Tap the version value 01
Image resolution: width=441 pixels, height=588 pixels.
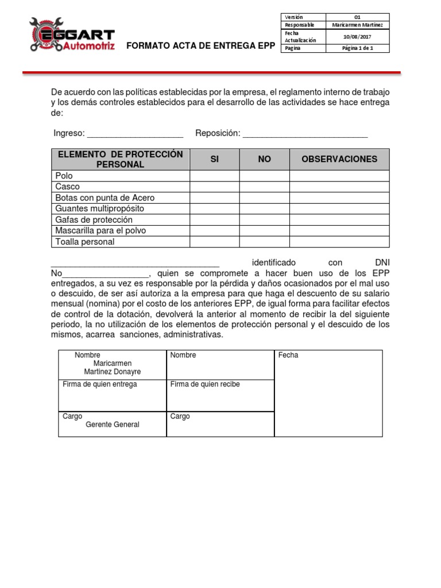pos(357,18)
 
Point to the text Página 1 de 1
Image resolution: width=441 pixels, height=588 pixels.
pos(357,49)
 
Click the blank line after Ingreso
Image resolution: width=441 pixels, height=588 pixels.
pos(135,134)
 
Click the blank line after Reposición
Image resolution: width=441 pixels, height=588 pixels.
pos(305,134)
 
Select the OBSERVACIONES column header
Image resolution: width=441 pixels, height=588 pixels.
pos(339,159)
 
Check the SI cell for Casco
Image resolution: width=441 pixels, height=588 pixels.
pos(214,187)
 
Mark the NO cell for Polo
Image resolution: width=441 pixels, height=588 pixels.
pos(264,176)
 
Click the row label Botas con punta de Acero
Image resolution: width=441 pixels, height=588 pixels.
pos(105,198)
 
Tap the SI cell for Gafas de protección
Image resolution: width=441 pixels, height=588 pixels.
pos(214,220)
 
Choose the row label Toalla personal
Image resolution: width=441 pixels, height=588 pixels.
pos(84,242)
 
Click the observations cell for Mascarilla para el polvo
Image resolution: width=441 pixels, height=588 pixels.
pos(339,231)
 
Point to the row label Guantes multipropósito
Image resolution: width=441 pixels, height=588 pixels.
pos(99,208)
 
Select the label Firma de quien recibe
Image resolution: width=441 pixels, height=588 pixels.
pos(205,384)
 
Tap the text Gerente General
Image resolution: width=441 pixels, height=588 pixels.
pos(113,424)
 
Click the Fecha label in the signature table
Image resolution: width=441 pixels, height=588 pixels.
pos(288,355)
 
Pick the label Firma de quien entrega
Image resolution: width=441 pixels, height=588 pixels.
pos(100,384)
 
